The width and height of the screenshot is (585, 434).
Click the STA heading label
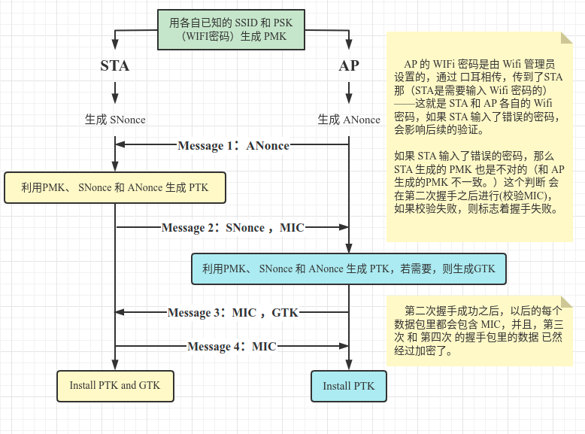pos(115,65)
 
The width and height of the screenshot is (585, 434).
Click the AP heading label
pos(349,65)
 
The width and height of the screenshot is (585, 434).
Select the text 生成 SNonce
pos(115,120)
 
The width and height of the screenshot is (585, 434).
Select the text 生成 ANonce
pos(349,120)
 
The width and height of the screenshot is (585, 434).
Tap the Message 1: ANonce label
pos(233,146)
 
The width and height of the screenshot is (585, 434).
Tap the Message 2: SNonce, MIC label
pos(233,227)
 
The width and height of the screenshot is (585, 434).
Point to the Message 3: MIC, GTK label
pos(232,312)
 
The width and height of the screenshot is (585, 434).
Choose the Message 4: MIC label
pos(232,347)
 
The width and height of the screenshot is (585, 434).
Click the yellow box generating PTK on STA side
pos(115,187)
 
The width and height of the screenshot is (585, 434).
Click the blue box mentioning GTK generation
pos(349,269)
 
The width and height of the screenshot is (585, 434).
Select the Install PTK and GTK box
pos(115,385)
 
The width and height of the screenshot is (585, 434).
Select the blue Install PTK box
pos(349,386)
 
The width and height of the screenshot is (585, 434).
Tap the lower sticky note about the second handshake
pos(478,331)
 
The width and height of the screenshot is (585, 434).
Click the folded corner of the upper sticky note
pos(566,38)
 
